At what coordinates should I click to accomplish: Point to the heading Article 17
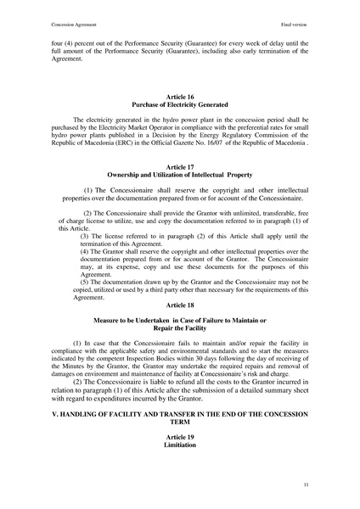(x=180, y=168)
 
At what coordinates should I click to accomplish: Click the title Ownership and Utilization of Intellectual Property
(x=180, y=176)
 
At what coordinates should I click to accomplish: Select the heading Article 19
(x=180, y=436)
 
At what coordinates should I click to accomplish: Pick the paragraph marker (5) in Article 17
(x=85, y=282)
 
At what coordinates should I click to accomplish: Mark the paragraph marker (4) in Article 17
(x=85, y=249)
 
